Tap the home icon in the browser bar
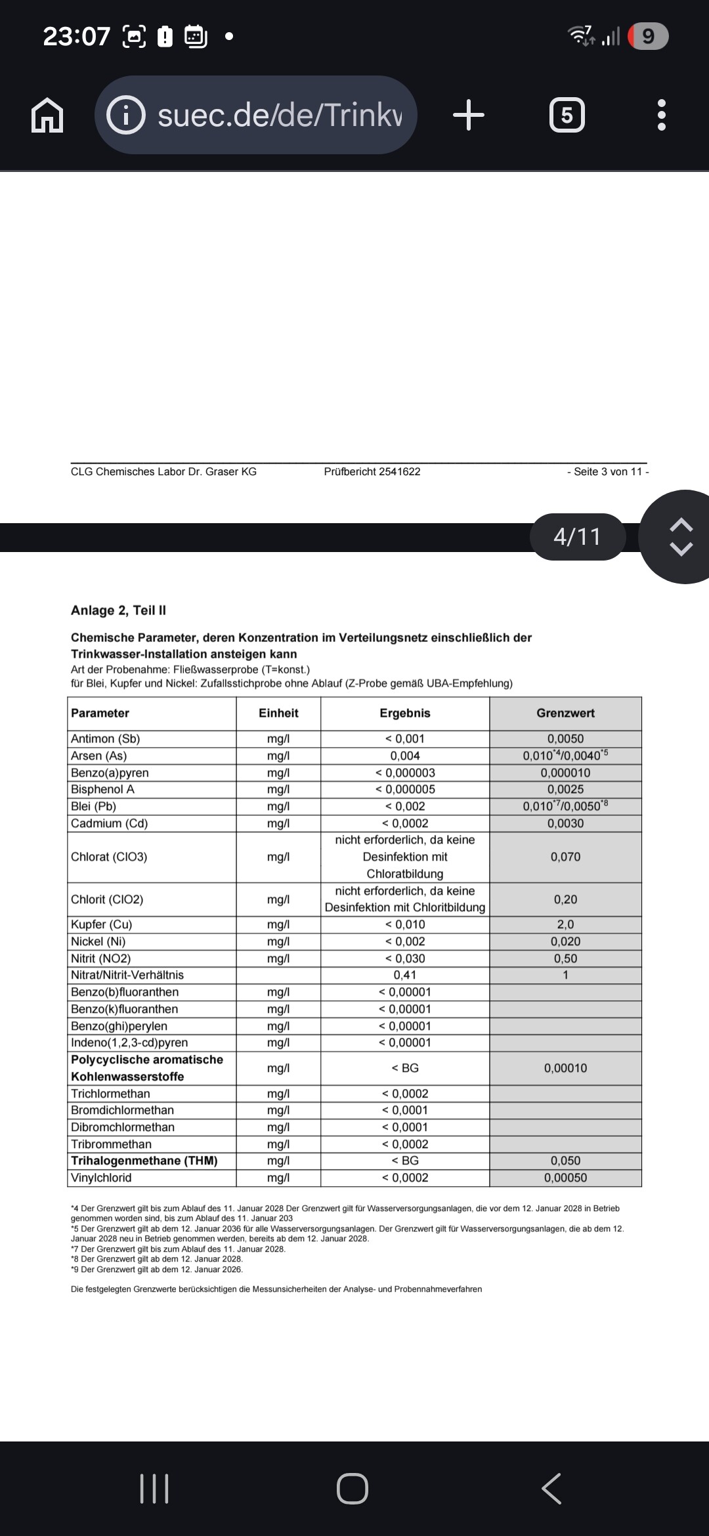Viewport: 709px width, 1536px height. [47, 116]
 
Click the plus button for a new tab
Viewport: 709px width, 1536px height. [469, 116]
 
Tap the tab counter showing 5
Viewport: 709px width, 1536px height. [567, 116]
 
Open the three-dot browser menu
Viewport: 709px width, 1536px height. [661, 116]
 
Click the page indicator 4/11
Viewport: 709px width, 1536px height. [577, 537]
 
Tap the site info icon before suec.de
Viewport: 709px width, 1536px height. [125, 116]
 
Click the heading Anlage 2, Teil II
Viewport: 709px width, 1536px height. [118, 610]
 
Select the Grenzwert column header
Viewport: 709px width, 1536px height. [565, 713]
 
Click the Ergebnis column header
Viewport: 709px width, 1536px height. [405, 713]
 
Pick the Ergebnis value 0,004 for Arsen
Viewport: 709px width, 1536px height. [405, 756]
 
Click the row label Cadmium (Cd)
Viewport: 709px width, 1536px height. [109, 823]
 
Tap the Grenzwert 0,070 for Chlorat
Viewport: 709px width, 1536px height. [565, 857]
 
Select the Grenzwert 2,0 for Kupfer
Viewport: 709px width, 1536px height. [565, 924]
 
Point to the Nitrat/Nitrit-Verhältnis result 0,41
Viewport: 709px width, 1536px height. [405, 975]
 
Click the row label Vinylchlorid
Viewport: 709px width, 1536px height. [101, 1178]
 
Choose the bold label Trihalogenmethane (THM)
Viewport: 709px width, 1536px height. [144, 1161]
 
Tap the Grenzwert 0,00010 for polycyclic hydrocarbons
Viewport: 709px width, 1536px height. [565, 1068]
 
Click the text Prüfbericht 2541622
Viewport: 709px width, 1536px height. [372, 471]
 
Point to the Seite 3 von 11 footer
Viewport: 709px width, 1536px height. [608, 471]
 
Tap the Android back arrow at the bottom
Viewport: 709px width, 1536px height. [551, 1488]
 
